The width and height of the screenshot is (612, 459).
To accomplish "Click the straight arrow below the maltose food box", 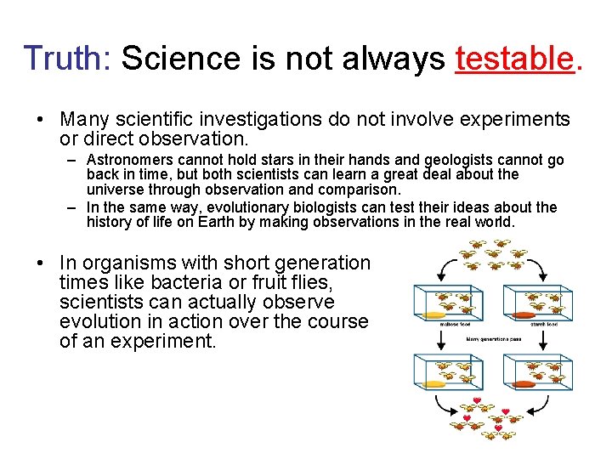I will click(440, 339).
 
